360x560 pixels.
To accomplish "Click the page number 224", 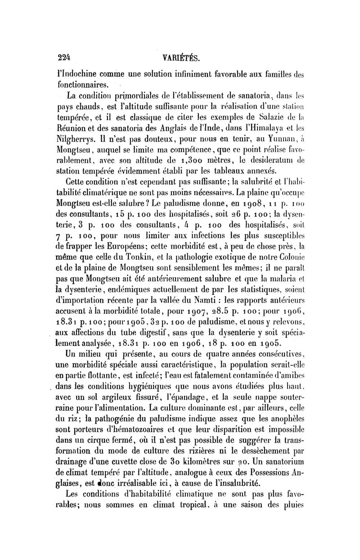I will pos(65,58).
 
